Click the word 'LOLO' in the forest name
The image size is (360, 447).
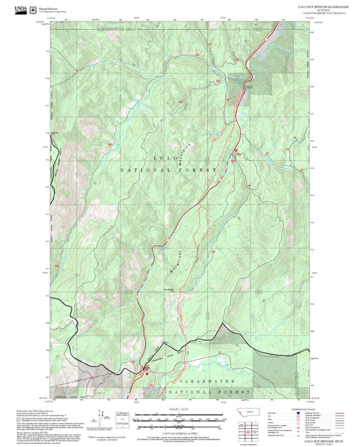pos(168,157)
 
